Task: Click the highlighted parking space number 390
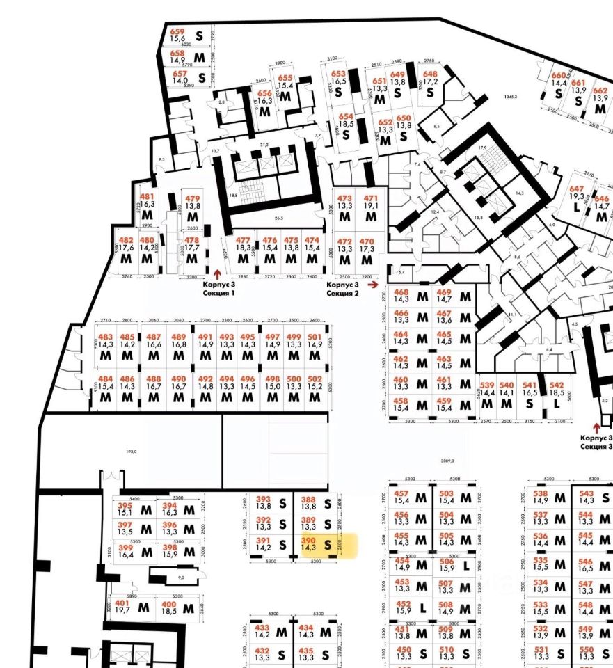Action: coord(308,540)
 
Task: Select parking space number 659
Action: coord(177,32)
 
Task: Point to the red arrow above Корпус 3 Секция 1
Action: coord(217,275)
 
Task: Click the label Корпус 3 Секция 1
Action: coord(218,289)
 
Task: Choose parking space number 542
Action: coord(556,385)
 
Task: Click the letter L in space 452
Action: coord(422,607)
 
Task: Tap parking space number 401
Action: coord(122,603)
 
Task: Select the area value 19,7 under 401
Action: coord(122,610)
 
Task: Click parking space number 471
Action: coord(371,198)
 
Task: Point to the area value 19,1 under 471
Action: coord(371,205)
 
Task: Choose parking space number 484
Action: coord(105,379)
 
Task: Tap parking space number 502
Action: coord(315,379)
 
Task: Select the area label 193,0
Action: coord(131,452)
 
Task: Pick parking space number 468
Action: coord(401,292)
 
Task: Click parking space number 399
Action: coord(125,548)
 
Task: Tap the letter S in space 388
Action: coord(327,503)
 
